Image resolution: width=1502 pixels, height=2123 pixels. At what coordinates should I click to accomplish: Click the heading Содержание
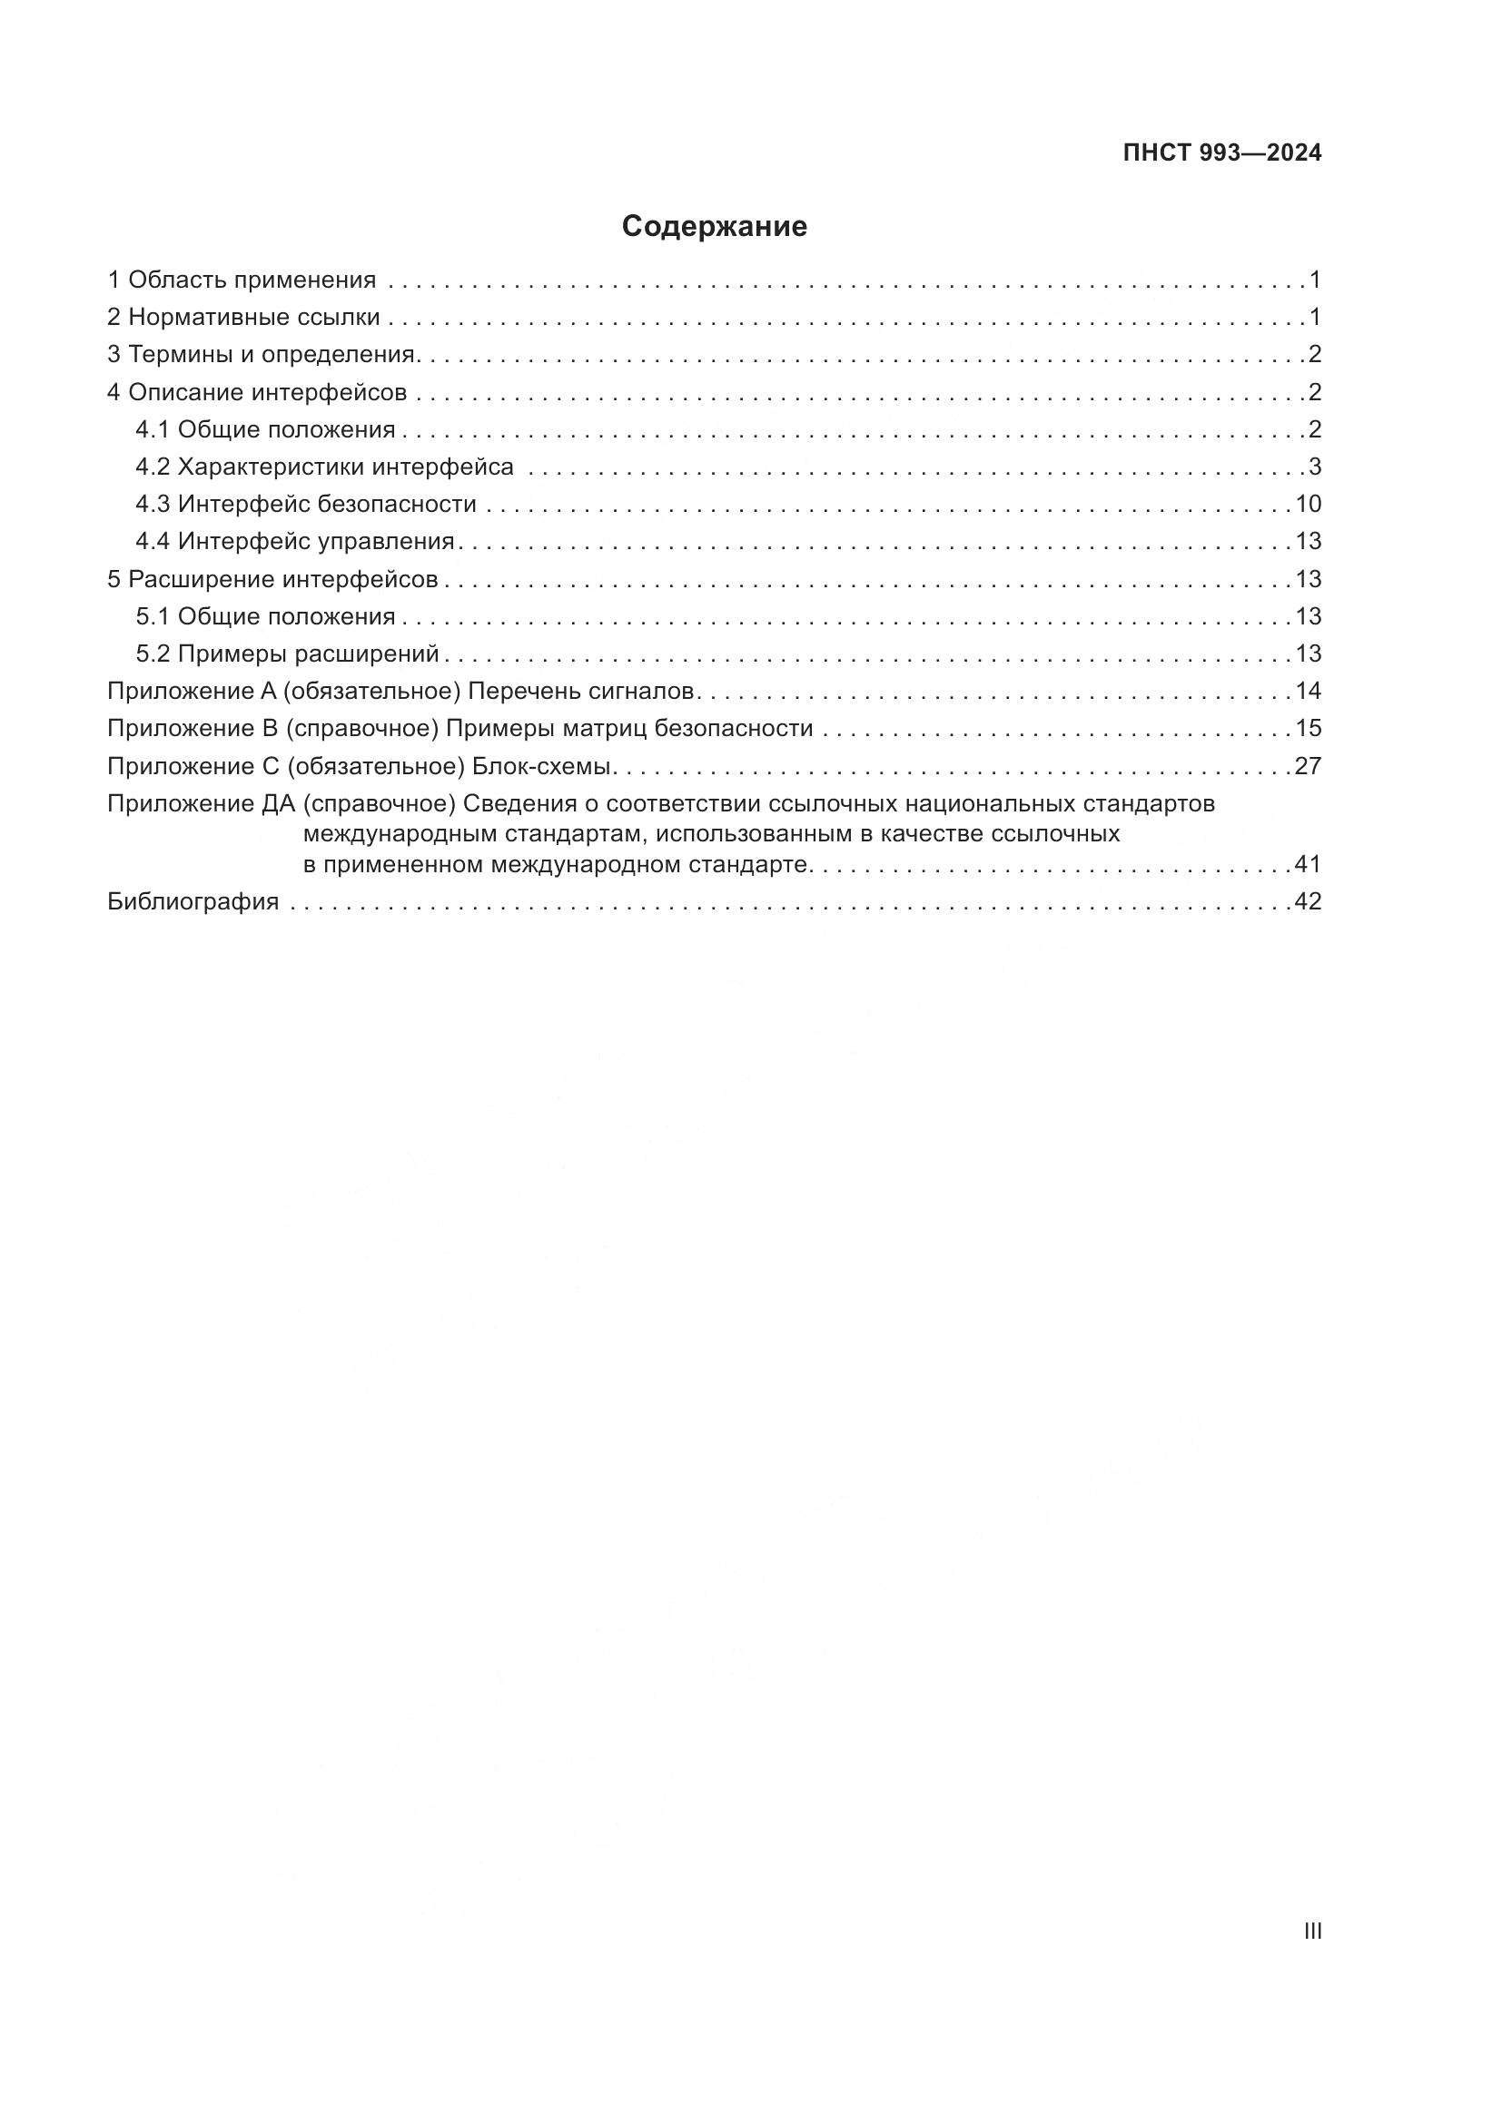point(714,227)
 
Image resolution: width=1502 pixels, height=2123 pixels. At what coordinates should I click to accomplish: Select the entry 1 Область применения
point(242,280)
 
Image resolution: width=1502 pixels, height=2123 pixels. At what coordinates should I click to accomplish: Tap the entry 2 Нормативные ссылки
point(243,317)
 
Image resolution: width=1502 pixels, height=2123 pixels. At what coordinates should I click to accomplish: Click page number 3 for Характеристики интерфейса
point(1314,467)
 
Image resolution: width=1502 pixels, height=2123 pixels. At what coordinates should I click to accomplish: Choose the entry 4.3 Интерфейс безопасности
point(306,504)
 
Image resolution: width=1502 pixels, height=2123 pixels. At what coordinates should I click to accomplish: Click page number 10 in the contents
point(1308,504)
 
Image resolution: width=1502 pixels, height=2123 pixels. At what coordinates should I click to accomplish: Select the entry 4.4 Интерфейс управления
point(295,541)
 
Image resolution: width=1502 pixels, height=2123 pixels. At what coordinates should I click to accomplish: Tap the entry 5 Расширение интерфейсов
point(272,579)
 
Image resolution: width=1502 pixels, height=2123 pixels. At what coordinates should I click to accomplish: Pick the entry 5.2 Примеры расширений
point(287,654)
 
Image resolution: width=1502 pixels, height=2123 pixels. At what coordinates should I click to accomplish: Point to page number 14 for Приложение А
point(1308,691)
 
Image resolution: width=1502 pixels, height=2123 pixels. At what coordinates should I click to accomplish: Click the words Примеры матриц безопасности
point(629,729)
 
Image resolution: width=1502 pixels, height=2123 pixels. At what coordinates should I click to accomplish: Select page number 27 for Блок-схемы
point(1308,766)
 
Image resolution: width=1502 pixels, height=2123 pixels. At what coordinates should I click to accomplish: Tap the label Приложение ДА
point(200,803)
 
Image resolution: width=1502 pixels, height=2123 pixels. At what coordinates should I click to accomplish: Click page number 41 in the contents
point(1308,865)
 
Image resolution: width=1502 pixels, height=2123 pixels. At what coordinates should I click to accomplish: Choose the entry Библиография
point(193,901)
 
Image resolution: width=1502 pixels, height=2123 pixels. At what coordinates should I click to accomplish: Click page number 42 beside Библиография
point(1308,901)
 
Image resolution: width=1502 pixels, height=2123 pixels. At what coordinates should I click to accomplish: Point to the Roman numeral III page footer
point(1311,1931)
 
